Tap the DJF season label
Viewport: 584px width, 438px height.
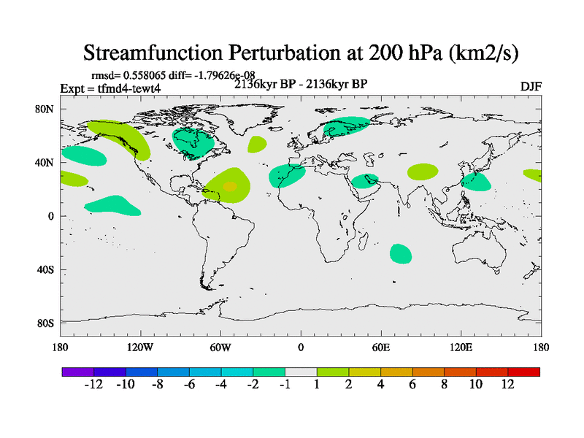click(x=531, y=87)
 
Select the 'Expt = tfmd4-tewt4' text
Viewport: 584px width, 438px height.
click(x=109, y=88)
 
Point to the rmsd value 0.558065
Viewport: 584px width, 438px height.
click(x=150, y=75)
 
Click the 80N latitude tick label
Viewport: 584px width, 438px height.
click(x=45, y=109)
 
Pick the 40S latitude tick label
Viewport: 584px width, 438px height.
click(x=45, y=269)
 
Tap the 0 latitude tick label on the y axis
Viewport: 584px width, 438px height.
click(x=51, y=216)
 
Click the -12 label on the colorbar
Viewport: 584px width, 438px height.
click(x=93, y=384)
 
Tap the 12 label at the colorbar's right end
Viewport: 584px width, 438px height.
click(x=508, y=384)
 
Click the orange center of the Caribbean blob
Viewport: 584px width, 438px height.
click(x=229, y=187)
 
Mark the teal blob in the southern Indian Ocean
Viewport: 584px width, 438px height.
click(x=400, y=253)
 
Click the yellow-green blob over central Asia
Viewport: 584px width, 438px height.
click(x=423, y=172)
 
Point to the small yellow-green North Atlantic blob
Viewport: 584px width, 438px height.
click(x=256, y=144)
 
